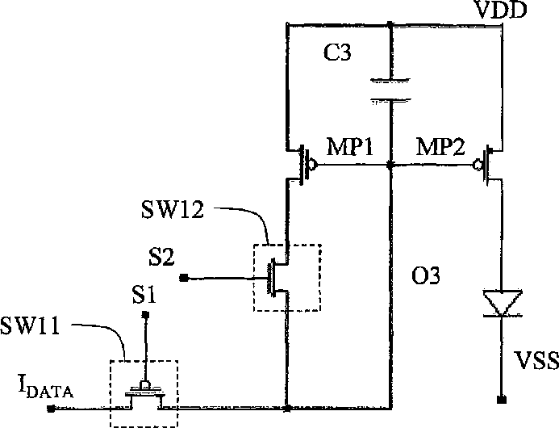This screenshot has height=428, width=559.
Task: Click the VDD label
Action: [501, 10]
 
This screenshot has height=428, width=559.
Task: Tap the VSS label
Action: [536, 360]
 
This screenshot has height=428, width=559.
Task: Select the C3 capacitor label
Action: [337, 52]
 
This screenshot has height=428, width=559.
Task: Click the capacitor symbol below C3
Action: [391, 91]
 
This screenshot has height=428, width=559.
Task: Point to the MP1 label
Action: [350, 146]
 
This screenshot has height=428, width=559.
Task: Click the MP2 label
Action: [440, 146]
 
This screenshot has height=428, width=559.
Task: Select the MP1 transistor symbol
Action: [301, 165]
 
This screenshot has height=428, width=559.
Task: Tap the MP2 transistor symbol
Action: [487, 165]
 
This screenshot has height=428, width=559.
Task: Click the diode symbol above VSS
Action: [502, 304]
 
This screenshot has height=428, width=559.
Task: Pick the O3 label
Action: [425, 275]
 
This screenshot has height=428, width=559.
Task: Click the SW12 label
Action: [173, 209]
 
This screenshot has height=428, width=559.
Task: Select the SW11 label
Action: [30, 326]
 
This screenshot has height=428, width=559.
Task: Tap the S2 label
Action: [161, 257]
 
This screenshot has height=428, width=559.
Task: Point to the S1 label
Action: [144, 295]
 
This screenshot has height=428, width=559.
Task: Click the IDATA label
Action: [46, 388]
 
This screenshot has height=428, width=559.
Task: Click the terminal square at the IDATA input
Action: [52, 409]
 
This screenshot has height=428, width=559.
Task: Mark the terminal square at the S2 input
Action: [184, 278]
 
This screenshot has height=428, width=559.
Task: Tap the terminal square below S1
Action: [145, 314]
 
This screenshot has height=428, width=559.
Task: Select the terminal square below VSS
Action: [502, 400]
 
